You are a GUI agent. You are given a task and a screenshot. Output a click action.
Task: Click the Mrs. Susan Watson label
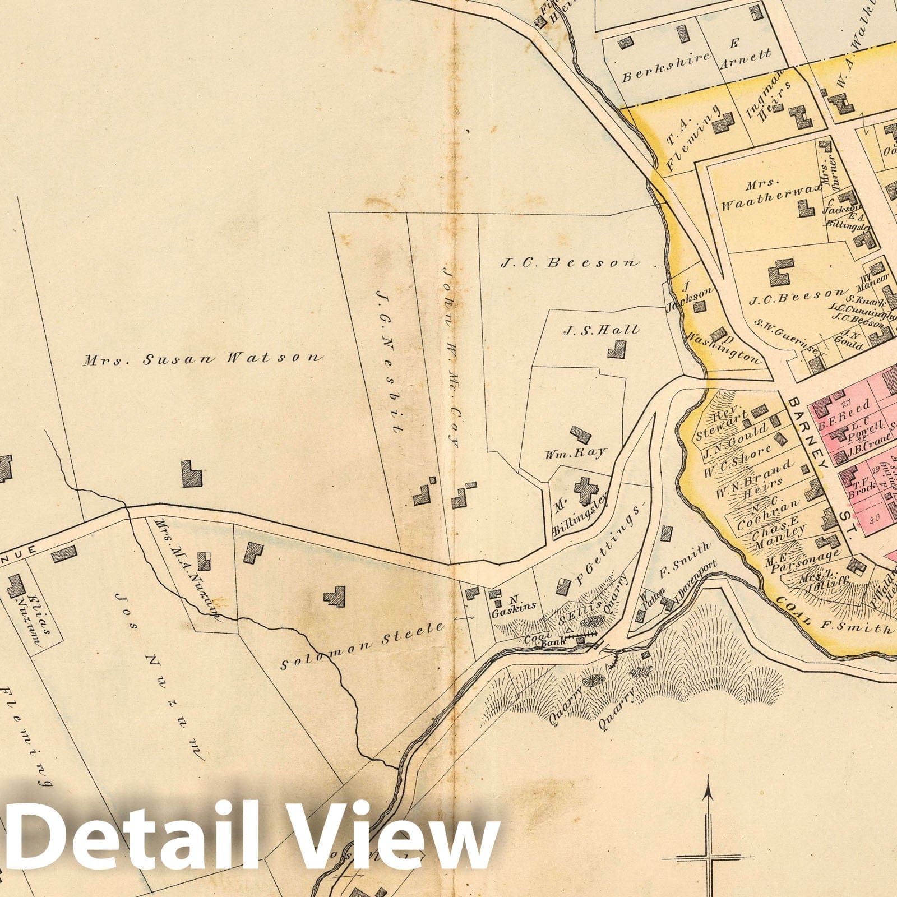pos(203,359)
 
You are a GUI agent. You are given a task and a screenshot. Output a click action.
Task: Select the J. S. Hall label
pos(600,330)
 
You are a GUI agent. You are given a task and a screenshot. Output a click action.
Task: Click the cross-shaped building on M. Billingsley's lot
pos(586,490)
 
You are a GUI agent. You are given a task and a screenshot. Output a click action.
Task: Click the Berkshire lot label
pos(666,66)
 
